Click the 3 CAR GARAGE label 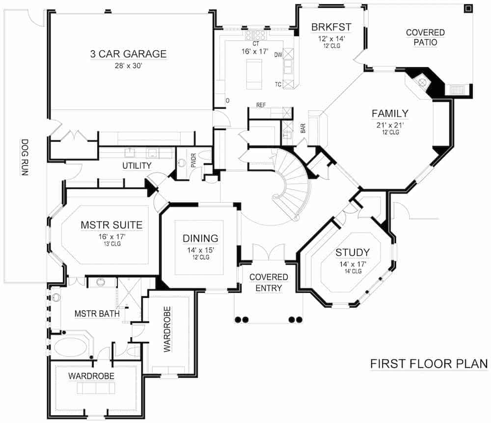click(128, 54)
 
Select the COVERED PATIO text click(425, 37)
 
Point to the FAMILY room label click(390, 114)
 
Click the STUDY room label click(352, 253)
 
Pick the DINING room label click(200, 239)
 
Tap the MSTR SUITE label click(111, 225)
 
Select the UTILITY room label click(136, 166)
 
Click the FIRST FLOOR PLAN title click(429, 364)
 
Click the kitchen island click(254, 74)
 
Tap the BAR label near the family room click(303, 129)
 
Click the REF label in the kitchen click(261, 105)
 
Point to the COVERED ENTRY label click(269, 282)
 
